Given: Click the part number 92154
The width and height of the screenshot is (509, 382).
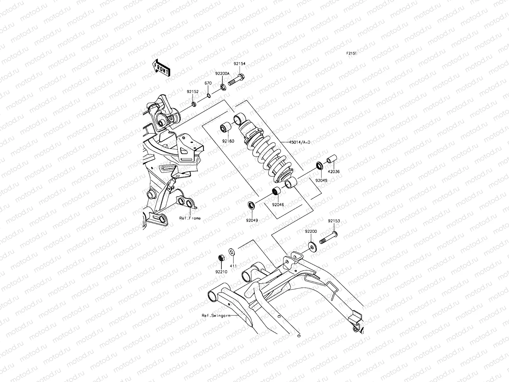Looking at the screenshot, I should coord(240,64).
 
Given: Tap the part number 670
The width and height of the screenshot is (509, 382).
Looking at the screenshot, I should coord(208,83).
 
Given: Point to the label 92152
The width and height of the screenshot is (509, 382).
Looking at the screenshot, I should coord(193,91).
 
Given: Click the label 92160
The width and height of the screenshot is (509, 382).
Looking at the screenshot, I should coord(228,141).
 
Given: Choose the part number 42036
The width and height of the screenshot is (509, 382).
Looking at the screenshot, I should coord(334,172).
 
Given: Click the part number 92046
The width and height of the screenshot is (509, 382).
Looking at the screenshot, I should coord(278,205).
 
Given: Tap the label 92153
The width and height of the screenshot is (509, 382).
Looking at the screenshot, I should coord(334,221).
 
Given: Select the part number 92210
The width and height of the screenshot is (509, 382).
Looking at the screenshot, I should coord(221,272).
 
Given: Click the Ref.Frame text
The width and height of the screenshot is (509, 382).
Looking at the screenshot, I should coord(190,218).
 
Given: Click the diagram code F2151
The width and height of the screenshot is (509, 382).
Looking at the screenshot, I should coord(351,53).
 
